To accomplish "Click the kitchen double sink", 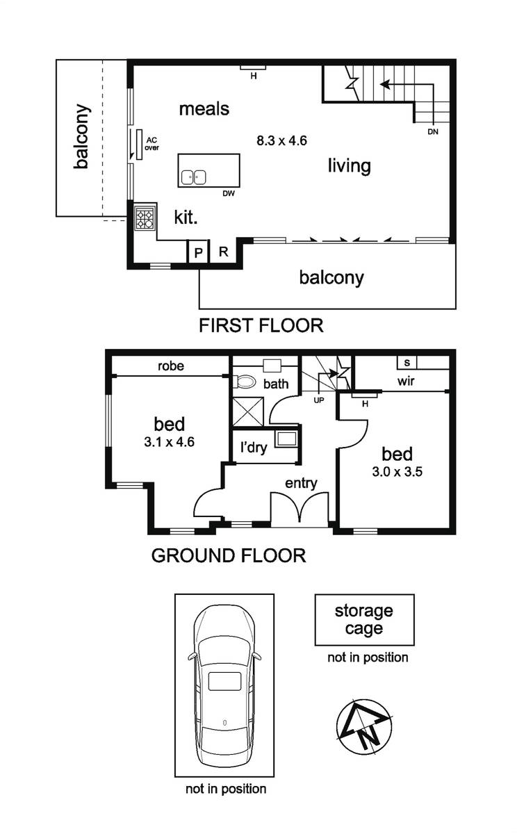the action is tap(194, 178).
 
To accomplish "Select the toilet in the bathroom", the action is tap(245, 382).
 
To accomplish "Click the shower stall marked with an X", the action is tap(247, 411).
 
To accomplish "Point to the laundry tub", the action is tap(286, 439).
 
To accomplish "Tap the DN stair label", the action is tap(433, 132).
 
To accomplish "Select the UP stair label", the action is tap(319, 400).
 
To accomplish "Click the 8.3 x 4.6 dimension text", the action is tap(281, 140).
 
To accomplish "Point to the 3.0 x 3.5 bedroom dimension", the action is tap(397, 472).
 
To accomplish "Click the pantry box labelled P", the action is tap(197, 252).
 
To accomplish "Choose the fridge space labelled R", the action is tap(223, 252).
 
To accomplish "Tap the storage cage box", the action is tap(364, 620).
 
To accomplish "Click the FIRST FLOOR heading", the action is tap(261, 325).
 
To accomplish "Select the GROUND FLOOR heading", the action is tap(229, 555).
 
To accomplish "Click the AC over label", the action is tap(151, 144).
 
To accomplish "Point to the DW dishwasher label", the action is tap(229, 194).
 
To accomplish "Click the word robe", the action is tap(171, 366).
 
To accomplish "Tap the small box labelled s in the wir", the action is tap(407, 363).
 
